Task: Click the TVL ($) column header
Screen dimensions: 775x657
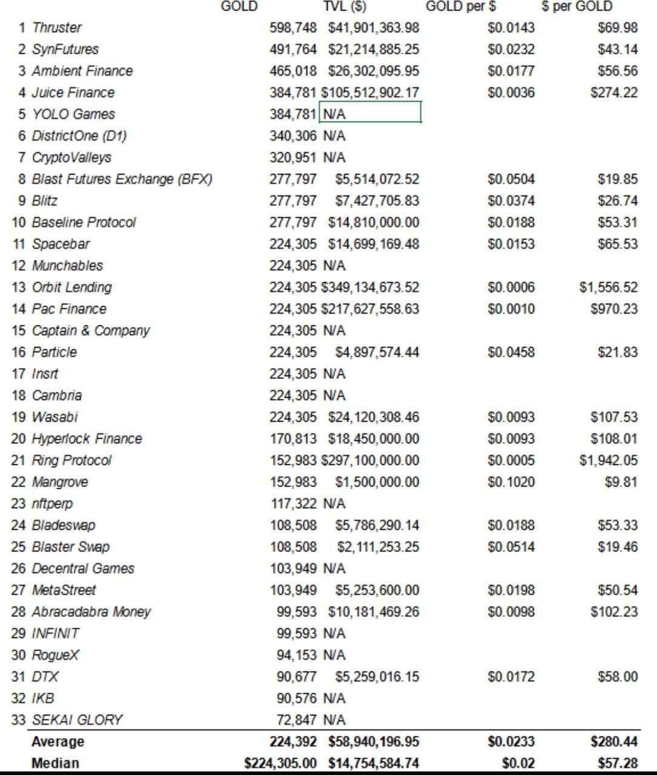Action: point(345,7)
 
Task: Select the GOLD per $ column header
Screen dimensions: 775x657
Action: point(461,7)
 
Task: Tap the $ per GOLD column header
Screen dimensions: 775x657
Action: point(577,7)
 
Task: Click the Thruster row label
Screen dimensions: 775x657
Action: point(56,28)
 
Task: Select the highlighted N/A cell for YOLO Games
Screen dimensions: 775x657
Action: point(370,114)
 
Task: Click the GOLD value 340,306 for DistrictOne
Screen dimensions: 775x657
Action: point(293,136)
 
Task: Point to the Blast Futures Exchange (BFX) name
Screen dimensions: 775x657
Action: point(122,179)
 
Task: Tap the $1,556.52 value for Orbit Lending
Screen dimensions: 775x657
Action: point(608,288)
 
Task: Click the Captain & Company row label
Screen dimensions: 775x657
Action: point(91,331)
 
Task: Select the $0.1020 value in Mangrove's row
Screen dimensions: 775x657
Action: point(511,483)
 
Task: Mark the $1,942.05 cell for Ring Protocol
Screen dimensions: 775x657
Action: point(608,461)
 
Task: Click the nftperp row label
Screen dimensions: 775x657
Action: point(52,504)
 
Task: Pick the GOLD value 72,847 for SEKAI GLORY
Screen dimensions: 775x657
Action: point(297,721)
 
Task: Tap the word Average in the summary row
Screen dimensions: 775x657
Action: point(58,742)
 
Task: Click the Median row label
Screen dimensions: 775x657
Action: point(55,763)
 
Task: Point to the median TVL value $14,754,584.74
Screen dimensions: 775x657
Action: point(374,763)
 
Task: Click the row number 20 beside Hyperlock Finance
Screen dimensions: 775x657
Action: point(19,439)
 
